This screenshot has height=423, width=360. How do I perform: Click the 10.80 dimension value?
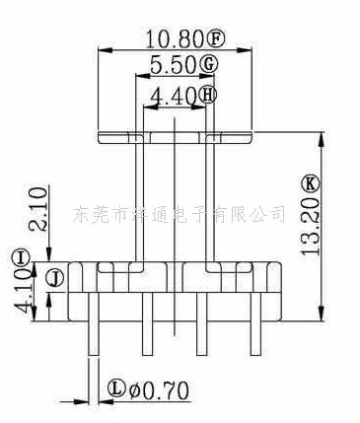(173, 38)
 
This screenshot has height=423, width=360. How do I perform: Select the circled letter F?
(217, 38)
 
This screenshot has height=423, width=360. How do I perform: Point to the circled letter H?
(207, 96)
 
